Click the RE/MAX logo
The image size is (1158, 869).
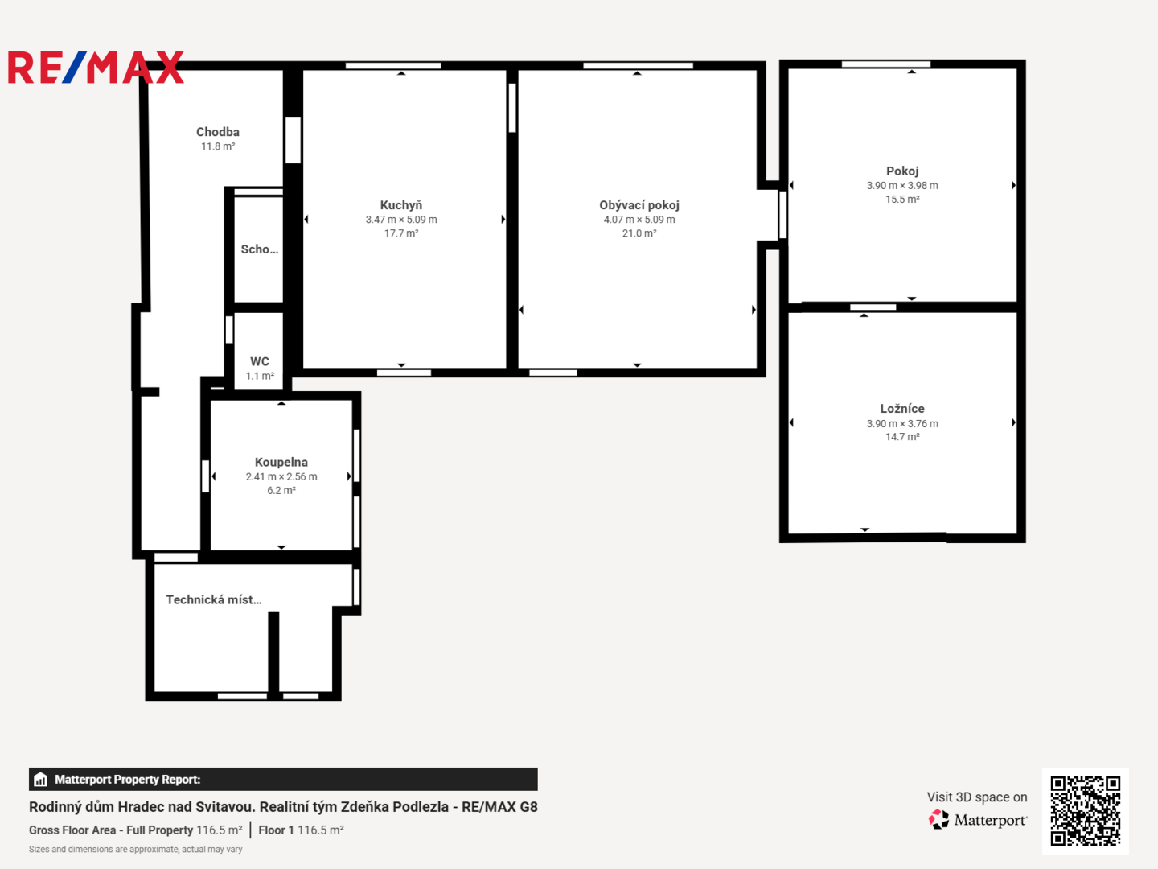96,67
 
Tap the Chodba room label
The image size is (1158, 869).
218,132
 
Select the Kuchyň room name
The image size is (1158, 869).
401,204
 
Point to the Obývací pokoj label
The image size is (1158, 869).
639,205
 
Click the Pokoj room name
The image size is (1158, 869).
902,171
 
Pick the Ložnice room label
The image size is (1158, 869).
902,409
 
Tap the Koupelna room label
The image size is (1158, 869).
281,462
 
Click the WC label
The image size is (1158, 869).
260,361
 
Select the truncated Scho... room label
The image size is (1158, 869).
260,249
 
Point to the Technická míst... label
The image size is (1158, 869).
214,600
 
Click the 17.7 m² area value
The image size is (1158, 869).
401,233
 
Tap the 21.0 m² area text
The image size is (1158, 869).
639,233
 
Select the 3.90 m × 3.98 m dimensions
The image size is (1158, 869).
902,186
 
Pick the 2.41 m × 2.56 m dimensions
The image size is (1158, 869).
281,476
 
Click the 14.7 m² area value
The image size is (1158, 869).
902,437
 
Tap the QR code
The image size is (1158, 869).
1085,810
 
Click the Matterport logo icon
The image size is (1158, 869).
938,819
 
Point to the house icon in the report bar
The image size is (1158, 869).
41,780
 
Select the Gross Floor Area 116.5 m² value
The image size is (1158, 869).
220,830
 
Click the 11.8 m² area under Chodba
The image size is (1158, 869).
218,146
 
